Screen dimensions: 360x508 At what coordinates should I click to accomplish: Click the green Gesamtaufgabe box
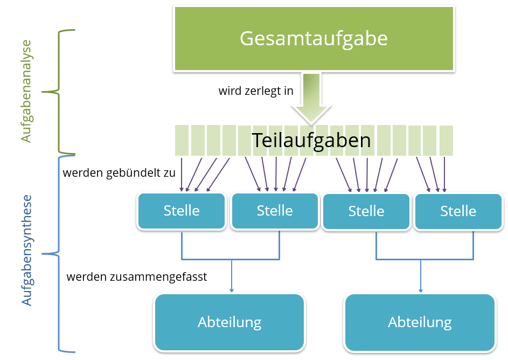[x=314, y=39]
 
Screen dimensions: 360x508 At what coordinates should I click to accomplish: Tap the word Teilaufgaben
[x=311, y=140]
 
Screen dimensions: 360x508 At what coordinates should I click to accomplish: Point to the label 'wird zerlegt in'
[x=255, y=91]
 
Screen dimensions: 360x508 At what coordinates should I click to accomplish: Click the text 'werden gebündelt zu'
[x=119, y=173]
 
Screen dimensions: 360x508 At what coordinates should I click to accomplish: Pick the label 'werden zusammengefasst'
[x=137, y=277]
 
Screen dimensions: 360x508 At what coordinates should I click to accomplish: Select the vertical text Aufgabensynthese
[x=26, y=251]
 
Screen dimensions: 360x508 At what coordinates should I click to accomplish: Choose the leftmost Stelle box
[x=182, y=210]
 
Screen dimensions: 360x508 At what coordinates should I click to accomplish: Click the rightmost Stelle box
[x=458, y=211]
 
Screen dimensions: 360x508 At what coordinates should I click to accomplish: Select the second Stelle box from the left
[x=275, y=210]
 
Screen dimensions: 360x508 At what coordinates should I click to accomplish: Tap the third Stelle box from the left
[x=366, y=211]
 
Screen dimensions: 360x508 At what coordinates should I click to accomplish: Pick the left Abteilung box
[x=229, y=322]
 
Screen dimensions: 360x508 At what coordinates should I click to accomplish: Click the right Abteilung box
[x=420, y=322]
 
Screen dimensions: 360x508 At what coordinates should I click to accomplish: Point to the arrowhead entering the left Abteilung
[x=232, y=290]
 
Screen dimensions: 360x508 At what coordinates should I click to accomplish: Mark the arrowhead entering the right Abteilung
[x=421, y=290]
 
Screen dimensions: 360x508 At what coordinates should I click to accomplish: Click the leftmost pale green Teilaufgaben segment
[x=182, y=140]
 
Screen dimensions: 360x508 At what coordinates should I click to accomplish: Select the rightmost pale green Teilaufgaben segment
[x=446, y=140]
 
